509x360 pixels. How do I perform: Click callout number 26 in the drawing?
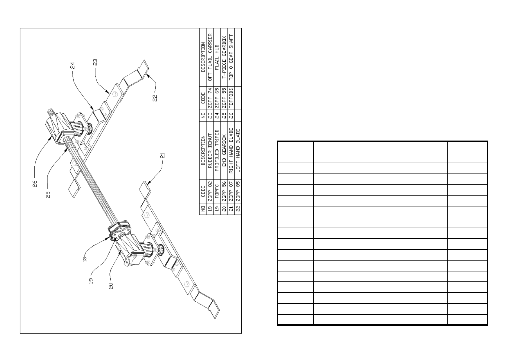(35, 184)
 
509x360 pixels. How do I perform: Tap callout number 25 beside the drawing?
(48, 195)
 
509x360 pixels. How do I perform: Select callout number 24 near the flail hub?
(72, 66)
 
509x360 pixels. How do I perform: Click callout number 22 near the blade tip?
(155, 98)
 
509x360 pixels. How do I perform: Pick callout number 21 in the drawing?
(163, 156)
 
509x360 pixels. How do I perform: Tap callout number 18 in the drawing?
(85, 259)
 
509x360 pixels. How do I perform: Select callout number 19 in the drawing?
(91, 281)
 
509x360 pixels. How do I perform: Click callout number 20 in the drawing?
(111, 286)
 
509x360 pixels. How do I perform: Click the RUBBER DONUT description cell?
(210, 151)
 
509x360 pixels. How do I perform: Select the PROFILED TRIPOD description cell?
(217, 151)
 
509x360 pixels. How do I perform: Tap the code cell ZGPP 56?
(224, 191)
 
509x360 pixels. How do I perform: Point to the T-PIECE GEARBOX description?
(224, 57)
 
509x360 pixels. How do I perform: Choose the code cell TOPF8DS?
(231, 98)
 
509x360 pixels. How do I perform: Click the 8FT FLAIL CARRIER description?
(210, 57)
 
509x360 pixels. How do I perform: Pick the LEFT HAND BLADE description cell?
(238, 151)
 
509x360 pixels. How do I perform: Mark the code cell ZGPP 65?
(217, 98)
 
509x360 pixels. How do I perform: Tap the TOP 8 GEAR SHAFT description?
(231, 57)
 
